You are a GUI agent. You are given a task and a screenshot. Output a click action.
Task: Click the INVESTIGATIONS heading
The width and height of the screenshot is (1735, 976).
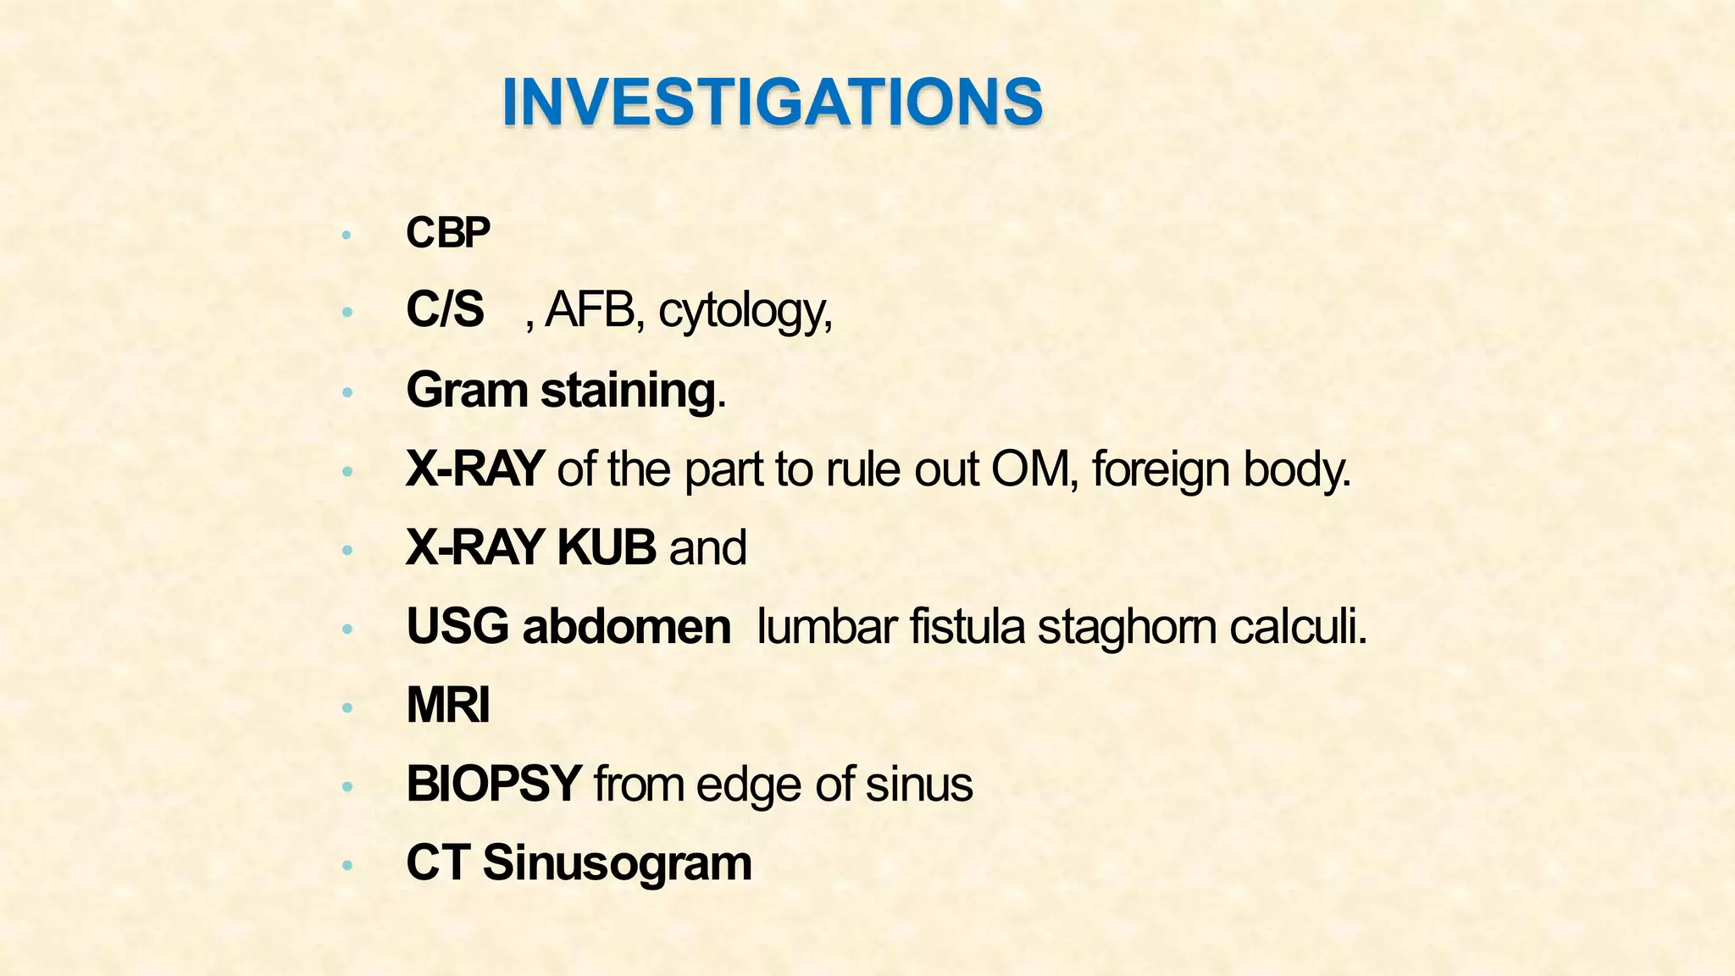[772, 103]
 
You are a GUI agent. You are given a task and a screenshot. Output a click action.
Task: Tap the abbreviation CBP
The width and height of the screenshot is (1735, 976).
[448, 233]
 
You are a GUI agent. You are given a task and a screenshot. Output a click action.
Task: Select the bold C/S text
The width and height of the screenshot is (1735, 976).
[445, 309]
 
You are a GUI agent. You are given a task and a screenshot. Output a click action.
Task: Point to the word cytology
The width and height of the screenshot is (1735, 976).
[743, 313]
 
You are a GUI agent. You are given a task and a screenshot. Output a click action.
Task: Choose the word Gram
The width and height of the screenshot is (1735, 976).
[466, 391]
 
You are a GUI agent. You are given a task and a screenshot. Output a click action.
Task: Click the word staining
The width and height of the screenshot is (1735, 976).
[628, 392]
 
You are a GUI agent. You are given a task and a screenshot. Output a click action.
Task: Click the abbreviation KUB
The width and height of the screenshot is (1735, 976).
[606, 547]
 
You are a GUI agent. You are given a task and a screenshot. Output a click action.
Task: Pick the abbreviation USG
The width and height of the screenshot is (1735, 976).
[457, 627]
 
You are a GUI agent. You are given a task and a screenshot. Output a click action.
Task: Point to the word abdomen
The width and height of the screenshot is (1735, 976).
[626, 627]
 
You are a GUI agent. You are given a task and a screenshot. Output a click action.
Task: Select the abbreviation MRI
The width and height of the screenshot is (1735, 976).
[448, 705]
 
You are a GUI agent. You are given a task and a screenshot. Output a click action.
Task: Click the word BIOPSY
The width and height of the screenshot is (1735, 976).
[493, 784]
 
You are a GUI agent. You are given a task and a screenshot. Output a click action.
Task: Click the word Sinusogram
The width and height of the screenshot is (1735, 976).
[617, 863]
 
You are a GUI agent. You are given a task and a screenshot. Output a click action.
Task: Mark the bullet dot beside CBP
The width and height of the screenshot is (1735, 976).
[346, 236]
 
